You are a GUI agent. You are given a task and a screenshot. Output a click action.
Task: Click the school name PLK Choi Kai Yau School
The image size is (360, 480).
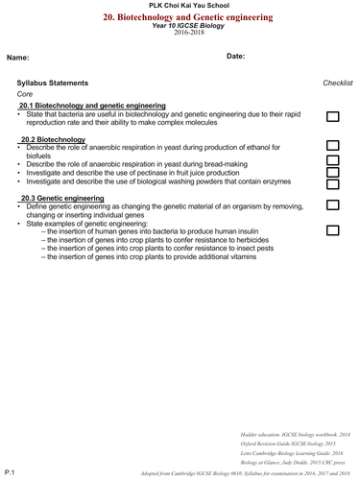click(180, 7)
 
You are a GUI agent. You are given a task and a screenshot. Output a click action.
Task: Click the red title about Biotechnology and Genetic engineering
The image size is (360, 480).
click(180, 17)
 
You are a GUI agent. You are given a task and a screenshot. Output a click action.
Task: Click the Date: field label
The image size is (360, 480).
click(236, 57)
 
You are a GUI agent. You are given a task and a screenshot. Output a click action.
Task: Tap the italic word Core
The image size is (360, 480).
click(26, 94)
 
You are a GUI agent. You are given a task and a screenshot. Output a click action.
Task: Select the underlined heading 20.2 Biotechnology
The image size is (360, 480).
click(52, 140)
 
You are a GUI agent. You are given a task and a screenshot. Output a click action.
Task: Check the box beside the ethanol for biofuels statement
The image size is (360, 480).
click(333, 147)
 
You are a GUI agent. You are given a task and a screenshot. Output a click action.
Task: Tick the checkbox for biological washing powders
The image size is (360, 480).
click(333, 182)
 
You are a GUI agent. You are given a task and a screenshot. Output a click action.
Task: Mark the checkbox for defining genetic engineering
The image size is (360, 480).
click(333, 205)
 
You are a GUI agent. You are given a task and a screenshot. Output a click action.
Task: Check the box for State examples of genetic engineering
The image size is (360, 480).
click(333, 230)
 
